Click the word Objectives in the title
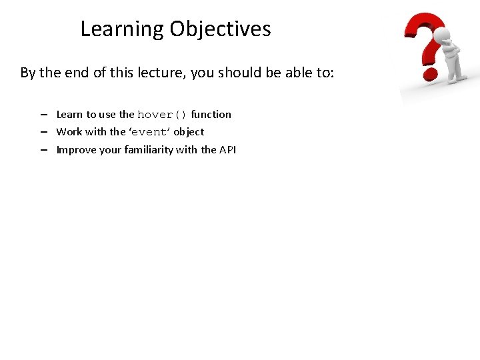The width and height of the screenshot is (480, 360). [220, 29]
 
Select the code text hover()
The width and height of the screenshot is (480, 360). [163, 115]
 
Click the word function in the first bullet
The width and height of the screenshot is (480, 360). [211, 115]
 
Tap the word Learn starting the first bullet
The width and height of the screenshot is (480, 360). [69, 115]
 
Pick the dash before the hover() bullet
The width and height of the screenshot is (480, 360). [43, 115]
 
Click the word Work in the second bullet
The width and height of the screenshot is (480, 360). [69, 132]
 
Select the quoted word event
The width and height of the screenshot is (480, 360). [149, 132]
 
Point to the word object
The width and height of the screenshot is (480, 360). [189, 132]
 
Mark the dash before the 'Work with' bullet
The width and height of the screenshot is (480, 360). [43, 132]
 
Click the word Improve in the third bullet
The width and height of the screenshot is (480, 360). [75, 150]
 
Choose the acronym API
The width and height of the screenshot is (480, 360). [227, 150]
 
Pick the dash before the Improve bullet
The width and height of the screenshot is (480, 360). [43, 150]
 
